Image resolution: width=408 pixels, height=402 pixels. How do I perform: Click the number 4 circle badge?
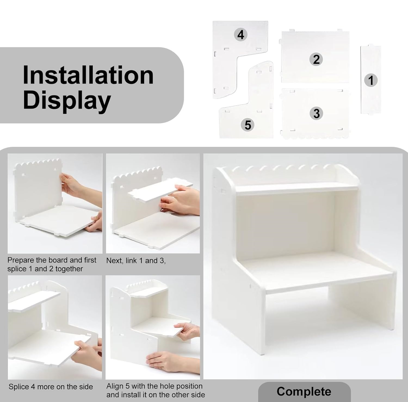pos(241,35)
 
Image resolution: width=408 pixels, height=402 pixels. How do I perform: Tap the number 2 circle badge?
pos(316,59)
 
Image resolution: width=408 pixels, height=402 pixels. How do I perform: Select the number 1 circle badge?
pos(371,81)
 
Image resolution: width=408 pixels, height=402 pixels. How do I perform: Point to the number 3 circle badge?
pos(316,113)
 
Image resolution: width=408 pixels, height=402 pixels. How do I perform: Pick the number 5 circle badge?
pos(248,125)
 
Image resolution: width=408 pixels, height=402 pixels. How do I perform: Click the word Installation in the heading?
pos(88,75)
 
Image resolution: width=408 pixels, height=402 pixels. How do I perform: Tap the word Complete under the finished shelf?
pos(304,392)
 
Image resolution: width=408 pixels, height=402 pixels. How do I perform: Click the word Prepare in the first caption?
pos(21,260)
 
